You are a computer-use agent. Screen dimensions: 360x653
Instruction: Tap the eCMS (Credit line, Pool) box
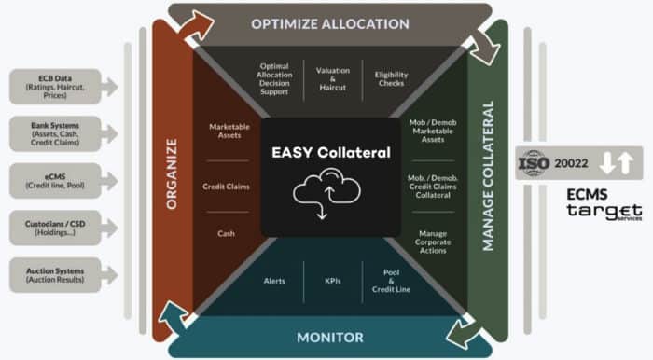coord(57,179)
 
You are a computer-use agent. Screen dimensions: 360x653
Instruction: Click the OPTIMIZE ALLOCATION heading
coord(329,23)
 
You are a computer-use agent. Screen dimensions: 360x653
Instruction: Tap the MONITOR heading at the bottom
coord(329,337)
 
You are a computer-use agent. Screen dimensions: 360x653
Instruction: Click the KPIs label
coord(332,281)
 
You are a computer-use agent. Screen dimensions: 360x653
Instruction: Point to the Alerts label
coord(274,281)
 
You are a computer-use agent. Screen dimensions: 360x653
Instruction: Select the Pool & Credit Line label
coord(391,281)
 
